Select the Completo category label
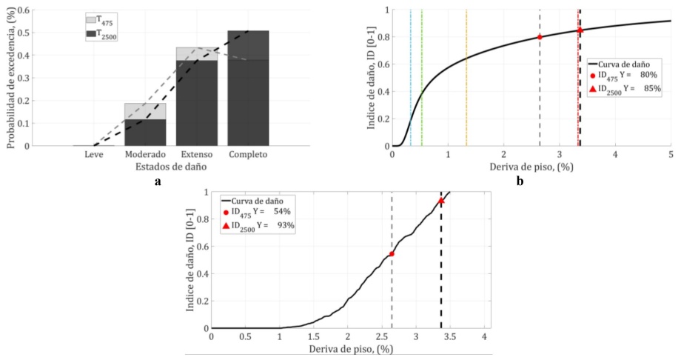(249, 155)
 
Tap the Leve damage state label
(93, 155)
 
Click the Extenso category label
(196, 155)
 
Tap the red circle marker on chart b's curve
(540, 37)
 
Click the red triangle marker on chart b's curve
(580, 30)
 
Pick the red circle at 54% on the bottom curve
(392, 254)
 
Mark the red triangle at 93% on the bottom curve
(441, 201)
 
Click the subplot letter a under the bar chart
(158, 181)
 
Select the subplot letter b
(520, 181)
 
